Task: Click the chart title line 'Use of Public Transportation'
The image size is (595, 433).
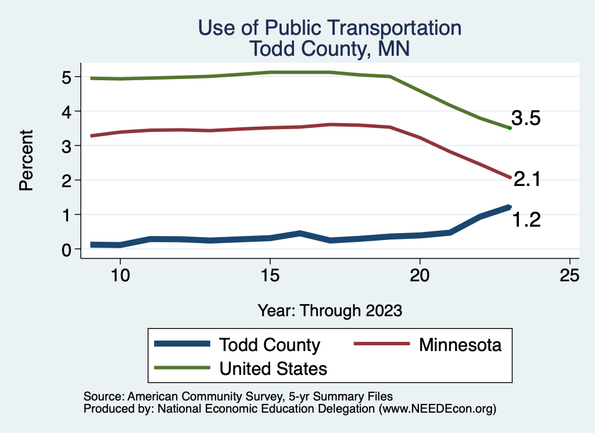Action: [329, 28]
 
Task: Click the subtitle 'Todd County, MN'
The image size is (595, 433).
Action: [329, 48]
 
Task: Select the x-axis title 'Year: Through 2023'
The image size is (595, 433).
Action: [329, 310]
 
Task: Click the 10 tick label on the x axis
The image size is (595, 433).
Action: [120, 275]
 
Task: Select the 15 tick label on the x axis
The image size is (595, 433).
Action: [270, 275]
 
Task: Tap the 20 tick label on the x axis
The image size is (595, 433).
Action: [420, 275]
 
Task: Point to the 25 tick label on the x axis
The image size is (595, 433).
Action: [569, 275]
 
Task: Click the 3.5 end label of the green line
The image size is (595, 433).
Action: [526, 119]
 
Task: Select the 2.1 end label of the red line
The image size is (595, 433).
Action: [527, 180]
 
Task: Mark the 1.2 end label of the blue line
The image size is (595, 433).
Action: [526, 220]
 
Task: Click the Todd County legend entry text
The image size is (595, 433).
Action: [269, 345]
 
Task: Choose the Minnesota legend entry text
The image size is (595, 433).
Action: [459, 345]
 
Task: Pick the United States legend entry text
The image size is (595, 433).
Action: [273, 368]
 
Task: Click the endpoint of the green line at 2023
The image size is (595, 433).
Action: [510, 128]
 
